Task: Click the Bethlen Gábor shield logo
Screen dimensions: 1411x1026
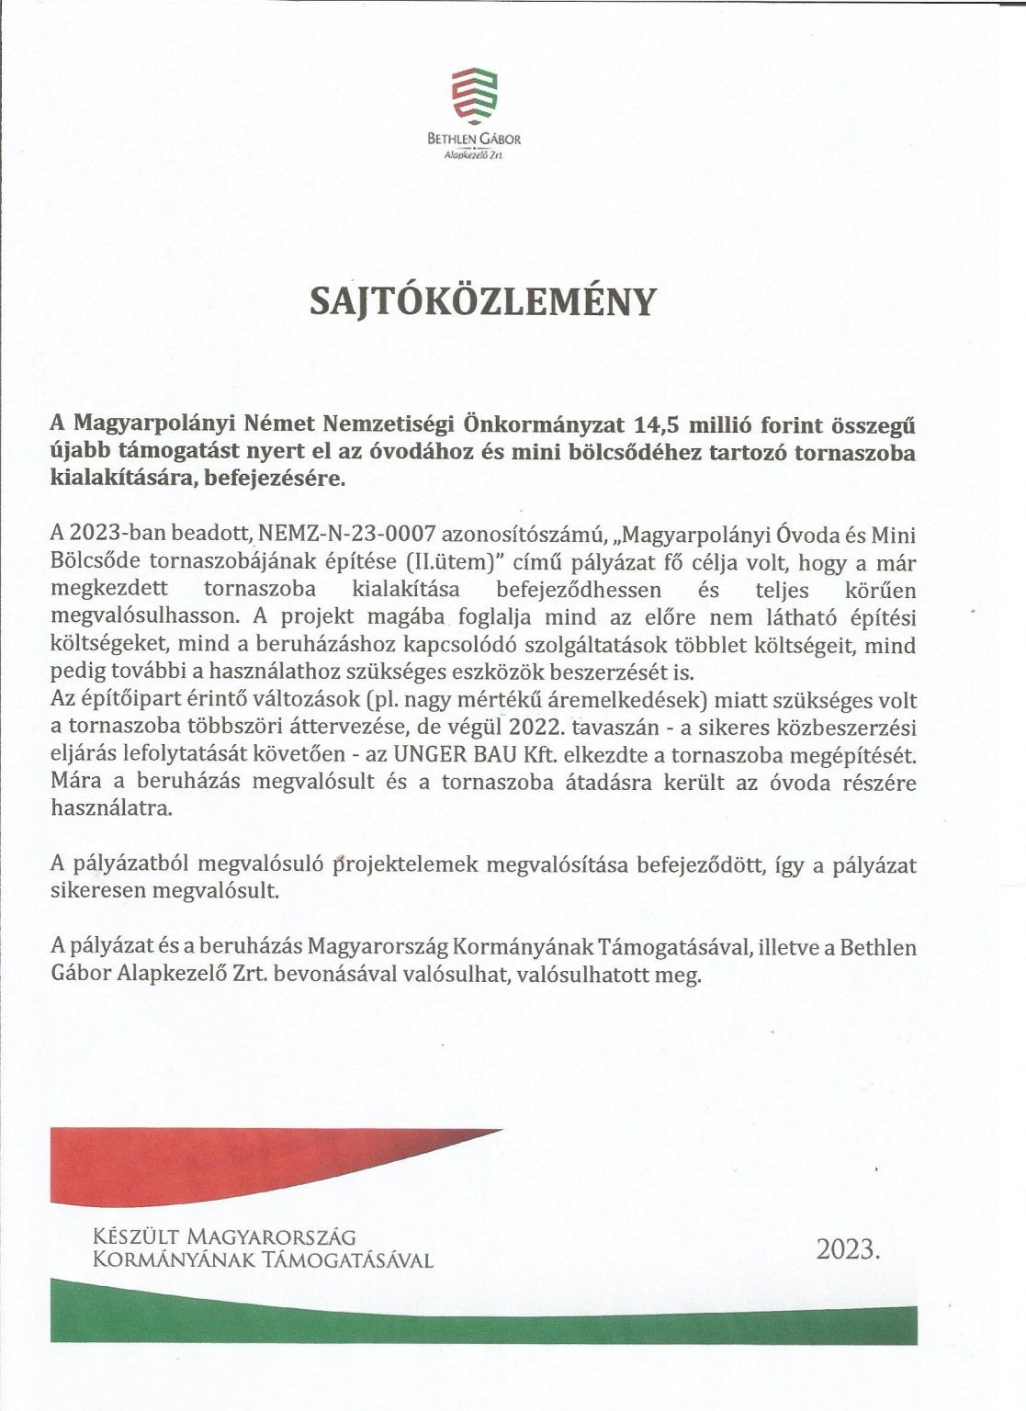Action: coord(473,96)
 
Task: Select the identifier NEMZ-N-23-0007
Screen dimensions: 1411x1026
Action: coord(344,535)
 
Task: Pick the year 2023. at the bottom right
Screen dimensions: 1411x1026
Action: coord(848,1249)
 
